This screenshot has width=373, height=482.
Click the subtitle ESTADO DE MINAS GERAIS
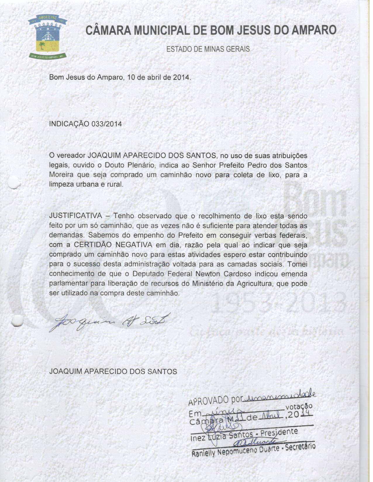[x=208, y=49]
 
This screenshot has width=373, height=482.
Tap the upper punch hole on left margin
[x=13, y=184]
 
